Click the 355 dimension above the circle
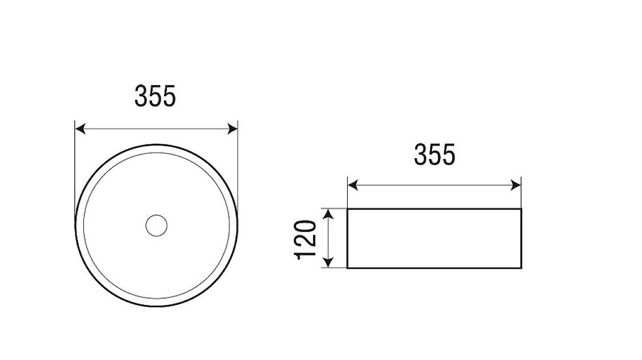(x=155, y=96)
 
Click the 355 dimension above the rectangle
(x=434, y=155)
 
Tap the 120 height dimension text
(x=306, y=240)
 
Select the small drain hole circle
(x=157, y=226)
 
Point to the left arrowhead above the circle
(x=81, y=129)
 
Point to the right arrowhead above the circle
(x=233, y=129)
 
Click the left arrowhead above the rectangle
(x=353, y=185)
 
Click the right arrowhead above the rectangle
(x=516, y=185)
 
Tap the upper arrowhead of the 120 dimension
(x=328, y=214)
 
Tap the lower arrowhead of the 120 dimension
(x=328, y=262)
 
